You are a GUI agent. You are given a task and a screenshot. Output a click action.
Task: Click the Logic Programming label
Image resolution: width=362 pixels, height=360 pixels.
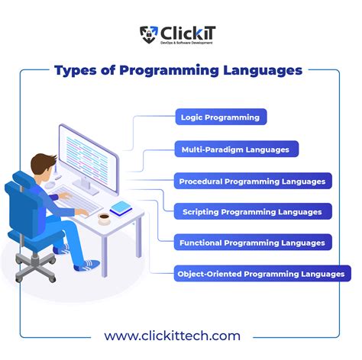[220, 117]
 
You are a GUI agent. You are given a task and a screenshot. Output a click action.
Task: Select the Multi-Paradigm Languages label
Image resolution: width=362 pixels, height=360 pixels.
[234, 149]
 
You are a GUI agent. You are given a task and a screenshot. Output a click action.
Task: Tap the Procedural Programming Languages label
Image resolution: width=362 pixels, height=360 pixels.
[252, 182]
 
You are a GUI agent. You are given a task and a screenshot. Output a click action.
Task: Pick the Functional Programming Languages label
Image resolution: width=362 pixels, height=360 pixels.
[252, 243]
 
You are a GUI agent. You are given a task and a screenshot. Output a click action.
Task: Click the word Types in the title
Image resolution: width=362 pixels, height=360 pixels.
[73, 71]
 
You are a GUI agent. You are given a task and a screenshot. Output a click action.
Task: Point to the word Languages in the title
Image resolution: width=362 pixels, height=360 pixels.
[261, 71]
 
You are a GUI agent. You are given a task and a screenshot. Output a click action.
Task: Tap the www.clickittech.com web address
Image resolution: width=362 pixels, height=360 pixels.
[172, 335]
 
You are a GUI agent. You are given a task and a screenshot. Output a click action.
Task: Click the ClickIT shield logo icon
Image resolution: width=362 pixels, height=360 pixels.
[148, 33]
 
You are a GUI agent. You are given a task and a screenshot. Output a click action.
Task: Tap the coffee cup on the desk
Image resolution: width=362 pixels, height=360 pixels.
[104, 218]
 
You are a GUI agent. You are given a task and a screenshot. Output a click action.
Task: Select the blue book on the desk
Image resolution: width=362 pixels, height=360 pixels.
[121, 207]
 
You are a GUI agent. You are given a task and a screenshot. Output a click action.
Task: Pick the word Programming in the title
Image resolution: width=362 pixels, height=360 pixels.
[163, 71]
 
